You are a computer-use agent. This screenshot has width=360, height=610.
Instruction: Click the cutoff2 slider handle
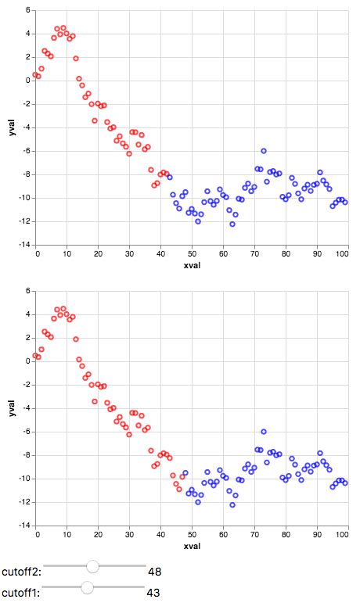pos(92,566)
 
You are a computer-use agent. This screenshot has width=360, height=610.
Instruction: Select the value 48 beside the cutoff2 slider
pos(154,572)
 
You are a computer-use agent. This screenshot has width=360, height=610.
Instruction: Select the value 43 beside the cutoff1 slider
pos(153,593)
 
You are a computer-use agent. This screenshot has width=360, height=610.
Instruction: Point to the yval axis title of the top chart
pos(10,127)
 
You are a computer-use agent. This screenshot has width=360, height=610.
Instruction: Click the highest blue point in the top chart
pos(264,151)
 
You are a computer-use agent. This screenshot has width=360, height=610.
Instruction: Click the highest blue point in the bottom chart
pos(264,432)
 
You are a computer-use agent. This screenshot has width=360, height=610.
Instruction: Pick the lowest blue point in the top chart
pos(232,224)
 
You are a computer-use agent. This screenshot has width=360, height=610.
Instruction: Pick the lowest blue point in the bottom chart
pos(232,505)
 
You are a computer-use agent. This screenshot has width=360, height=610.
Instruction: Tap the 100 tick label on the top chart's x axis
pos(345,253)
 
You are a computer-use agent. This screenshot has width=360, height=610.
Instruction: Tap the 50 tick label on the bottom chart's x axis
pos(192,534)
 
